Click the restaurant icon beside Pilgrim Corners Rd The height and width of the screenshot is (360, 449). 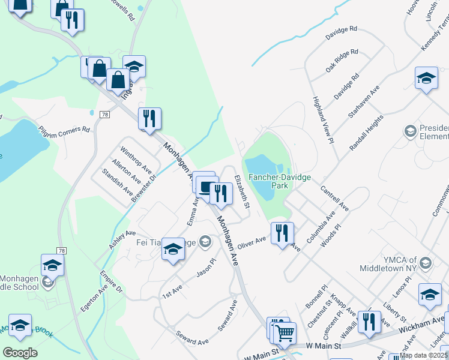pyautogui.click(x=149, y=118)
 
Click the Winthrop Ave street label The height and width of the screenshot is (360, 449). pyautogui.click(x=136, y=158)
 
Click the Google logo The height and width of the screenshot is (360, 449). pyautogui.click(x=20, y=353)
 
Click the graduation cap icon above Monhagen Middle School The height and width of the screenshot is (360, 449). pyautogui.click(x=52, y=265)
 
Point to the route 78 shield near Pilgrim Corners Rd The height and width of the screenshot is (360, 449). pyautogui.click(x=105, y=115)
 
